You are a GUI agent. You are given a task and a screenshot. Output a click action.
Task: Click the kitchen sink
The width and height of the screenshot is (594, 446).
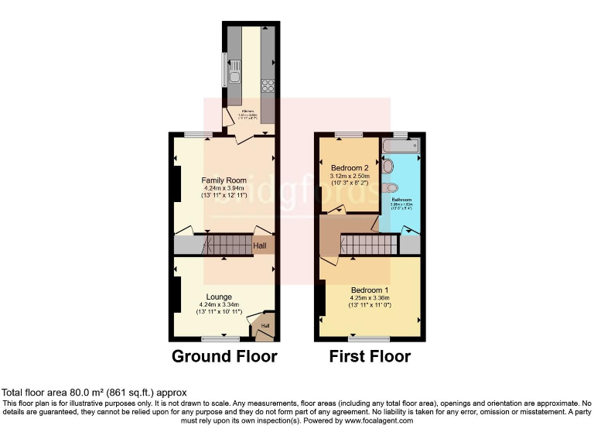pyautogui.click(x=234, y=70)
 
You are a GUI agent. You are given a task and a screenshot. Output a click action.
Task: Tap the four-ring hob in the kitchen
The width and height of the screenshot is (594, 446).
pyautogui.click(x=269, y=85)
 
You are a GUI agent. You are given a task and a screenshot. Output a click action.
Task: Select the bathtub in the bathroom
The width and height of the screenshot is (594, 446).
pyautogui.click(x=400, y=145)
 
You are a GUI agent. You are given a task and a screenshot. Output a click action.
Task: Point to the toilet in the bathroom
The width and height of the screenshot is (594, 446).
pyautogui.click(x=392, y=187)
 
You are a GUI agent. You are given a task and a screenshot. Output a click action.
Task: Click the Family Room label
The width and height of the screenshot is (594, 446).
pyautogui.click(x=224, y=180)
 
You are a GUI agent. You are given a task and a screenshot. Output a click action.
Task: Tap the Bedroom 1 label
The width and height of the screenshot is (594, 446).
pyautogui.click(x=370, y=290)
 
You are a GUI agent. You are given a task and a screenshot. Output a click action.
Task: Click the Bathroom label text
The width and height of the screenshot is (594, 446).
pyautogui.click(x=401, y=200)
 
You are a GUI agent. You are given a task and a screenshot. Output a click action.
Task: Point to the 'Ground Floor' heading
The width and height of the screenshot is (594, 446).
pyautogui.click(x=224, y=356)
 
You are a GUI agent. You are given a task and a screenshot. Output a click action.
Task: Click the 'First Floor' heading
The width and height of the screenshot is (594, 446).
pyautogui.click(x=370, y=356)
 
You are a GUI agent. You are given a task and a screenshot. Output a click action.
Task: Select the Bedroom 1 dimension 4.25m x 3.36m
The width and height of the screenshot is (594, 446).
pyautogui.click(x=370, y=298)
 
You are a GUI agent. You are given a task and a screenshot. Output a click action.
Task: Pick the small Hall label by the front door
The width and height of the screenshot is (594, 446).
pyautogui.click(x=265, y=325)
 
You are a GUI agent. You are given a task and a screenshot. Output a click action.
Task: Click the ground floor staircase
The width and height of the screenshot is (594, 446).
pyautogui.click(x=226, y=246)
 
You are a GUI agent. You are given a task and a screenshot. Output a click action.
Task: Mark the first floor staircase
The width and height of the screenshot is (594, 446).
pyautogui.click(x=367, y=245)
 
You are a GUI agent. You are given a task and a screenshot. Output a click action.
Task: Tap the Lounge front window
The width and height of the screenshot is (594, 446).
pyautogui.click(x=220, y=338)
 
